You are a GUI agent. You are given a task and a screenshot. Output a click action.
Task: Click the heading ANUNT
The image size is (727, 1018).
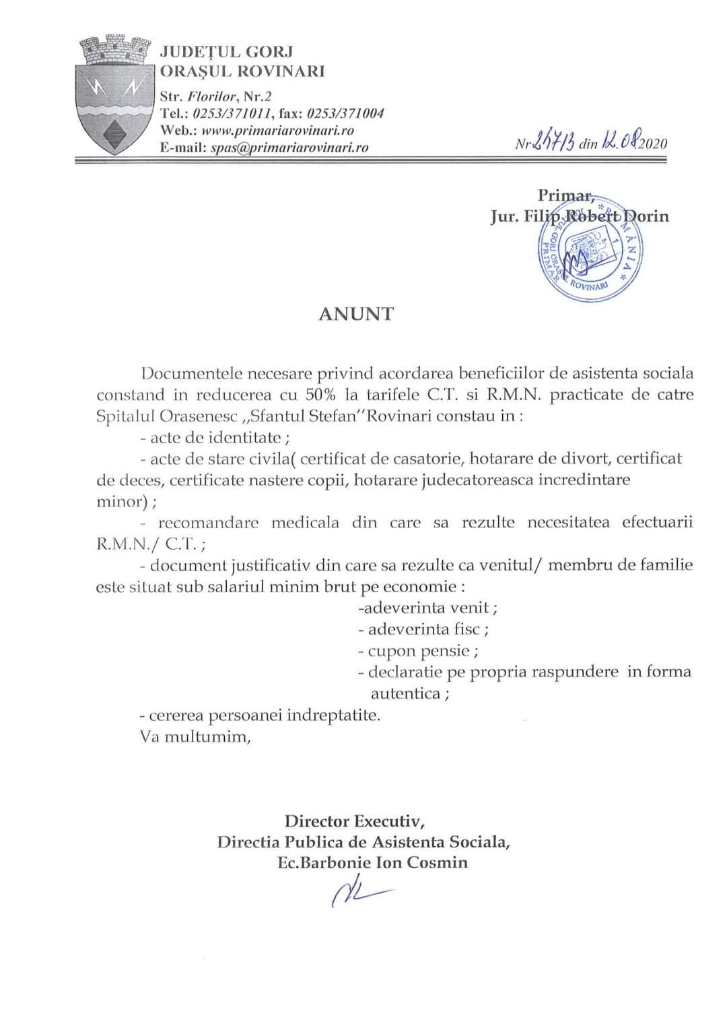click(x=356, y=314)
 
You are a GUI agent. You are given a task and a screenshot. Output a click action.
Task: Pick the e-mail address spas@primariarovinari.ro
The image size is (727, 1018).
click(x=289, y=148)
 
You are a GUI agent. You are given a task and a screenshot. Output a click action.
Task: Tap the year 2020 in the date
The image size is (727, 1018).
click(x=653, y=143)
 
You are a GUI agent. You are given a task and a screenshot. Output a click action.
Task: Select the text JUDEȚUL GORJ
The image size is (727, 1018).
click(x=226, y=51)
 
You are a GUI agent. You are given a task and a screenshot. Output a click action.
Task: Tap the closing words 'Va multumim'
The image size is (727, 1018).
click(x=195, y=736)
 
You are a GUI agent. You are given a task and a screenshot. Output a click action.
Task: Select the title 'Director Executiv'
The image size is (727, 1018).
click(x=354, y=821)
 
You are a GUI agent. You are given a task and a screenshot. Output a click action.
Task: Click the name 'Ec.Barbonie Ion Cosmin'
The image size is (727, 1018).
click(x=372, y=862)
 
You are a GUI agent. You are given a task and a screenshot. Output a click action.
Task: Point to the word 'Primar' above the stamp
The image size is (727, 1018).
click(x=564, y=195)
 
